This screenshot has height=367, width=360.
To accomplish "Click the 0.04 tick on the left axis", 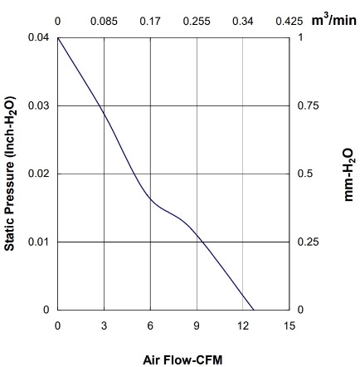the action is tap(38, 37).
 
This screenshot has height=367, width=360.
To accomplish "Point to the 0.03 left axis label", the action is tap(38, 105).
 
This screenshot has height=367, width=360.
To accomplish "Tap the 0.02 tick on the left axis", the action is tap(38, 174).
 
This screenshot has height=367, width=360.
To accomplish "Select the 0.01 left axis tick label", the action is tap(38, 242).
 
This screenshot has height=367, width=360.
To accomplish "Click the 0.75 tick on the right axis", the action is tap(308, 105).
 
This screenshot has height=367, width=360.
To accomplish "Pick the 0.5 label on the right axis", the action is tap(305, 174).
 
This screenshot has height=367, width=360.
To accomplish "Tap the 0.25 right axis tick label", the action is tap(308, 242).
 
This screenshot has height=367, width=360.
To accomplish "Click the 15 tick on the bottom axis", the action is tap(289, 325).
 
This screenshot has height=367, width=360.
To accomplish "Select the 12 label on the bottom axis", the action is tap(243, 325).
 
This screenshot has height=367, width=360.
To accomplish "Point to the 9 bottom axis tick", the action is tap(197, 325).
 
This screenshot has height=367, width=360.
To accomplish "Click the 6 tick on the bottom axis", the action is tap(150, 325).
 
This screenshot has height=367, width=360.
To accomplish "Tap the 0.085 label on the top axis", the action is tap(104, 22).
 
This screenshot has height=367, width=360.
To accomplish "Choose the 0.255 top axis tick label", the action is tap(197, 22).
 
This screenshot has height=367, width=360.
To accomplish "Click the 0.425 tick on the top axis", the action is tap(289, 22).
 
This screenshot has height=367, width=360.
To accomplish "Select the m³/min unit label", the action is tap(334, 20).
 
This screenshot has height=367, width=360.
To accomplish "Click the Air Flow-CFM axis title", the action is tap(182, 360).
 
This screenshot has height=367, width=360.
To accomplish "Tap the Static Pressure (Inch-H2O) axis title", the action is tap(10, 174).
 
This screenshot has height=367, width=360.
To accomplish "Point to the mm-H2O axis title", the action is tap(348, 174).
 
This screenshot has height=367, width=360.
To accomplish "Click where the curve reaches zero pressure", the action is tap(254, 310).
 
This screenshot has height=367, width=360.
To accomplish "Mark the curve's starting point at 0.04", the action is tap(58, 37).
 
